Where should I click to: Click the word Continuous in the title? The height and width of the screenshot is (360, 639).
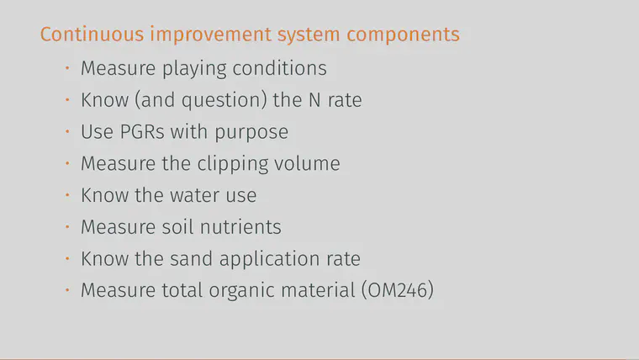click(92, 34)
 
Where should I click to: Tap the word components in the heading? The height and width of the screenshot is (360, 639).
click(403, 34)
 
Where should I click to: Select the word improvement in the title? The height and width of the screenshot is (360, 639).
click(210, 34)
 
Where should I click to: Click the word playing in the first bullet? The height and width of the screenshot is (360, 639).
click(194, 68)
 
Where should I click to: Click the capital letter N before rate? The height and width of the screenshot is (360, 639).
click(314, 100)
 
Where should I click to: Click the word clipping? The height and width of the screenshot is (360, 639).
click(233, 164)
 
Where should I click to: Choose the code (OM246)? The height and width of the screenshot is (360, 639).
click(398, 290)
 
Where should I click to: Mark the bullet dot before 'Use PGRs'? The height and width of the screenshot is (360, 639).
click(67, 131)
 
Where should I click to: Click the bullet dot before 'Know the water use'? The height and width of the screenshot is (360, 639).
click(67, 195)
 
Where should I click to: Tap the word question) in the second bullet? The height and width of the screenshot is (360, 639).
click(224, 101)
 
